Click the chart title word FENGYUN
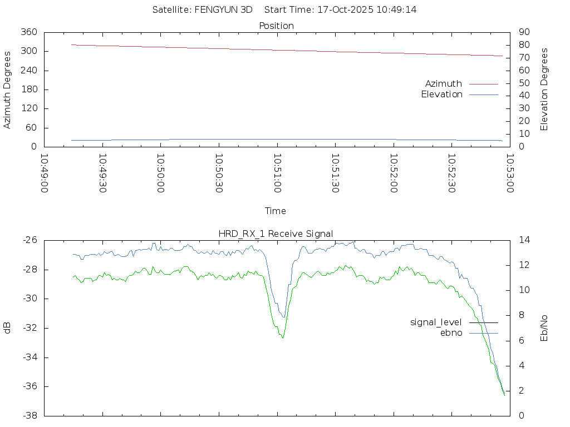[214, 9]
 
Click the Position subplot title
[277, 26]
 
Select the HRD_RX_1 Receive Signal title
[277, 234]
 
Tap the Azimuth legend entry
[444, 83]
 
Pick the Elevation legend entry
[442, 94]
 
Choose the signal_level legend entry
[436, 322]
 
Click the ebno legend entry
[451, 332]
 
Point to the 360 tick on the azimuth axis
[29, 32]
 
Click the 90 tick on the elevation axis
[523, 32]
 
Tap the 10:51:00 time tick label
[277, 173]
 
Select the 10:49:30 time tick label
[102, 173]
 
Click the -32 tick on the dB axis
[29, 328]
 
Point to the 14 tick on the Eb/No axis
[523, 240]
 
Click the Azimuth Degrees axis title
[7, 90]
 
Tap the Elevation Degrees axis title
[544, 90]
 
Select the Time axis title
[276, 211]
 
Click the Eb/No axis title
[544, 328]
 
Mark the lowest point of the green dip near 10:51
[283, 337]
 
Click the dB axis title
[7, 328]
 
